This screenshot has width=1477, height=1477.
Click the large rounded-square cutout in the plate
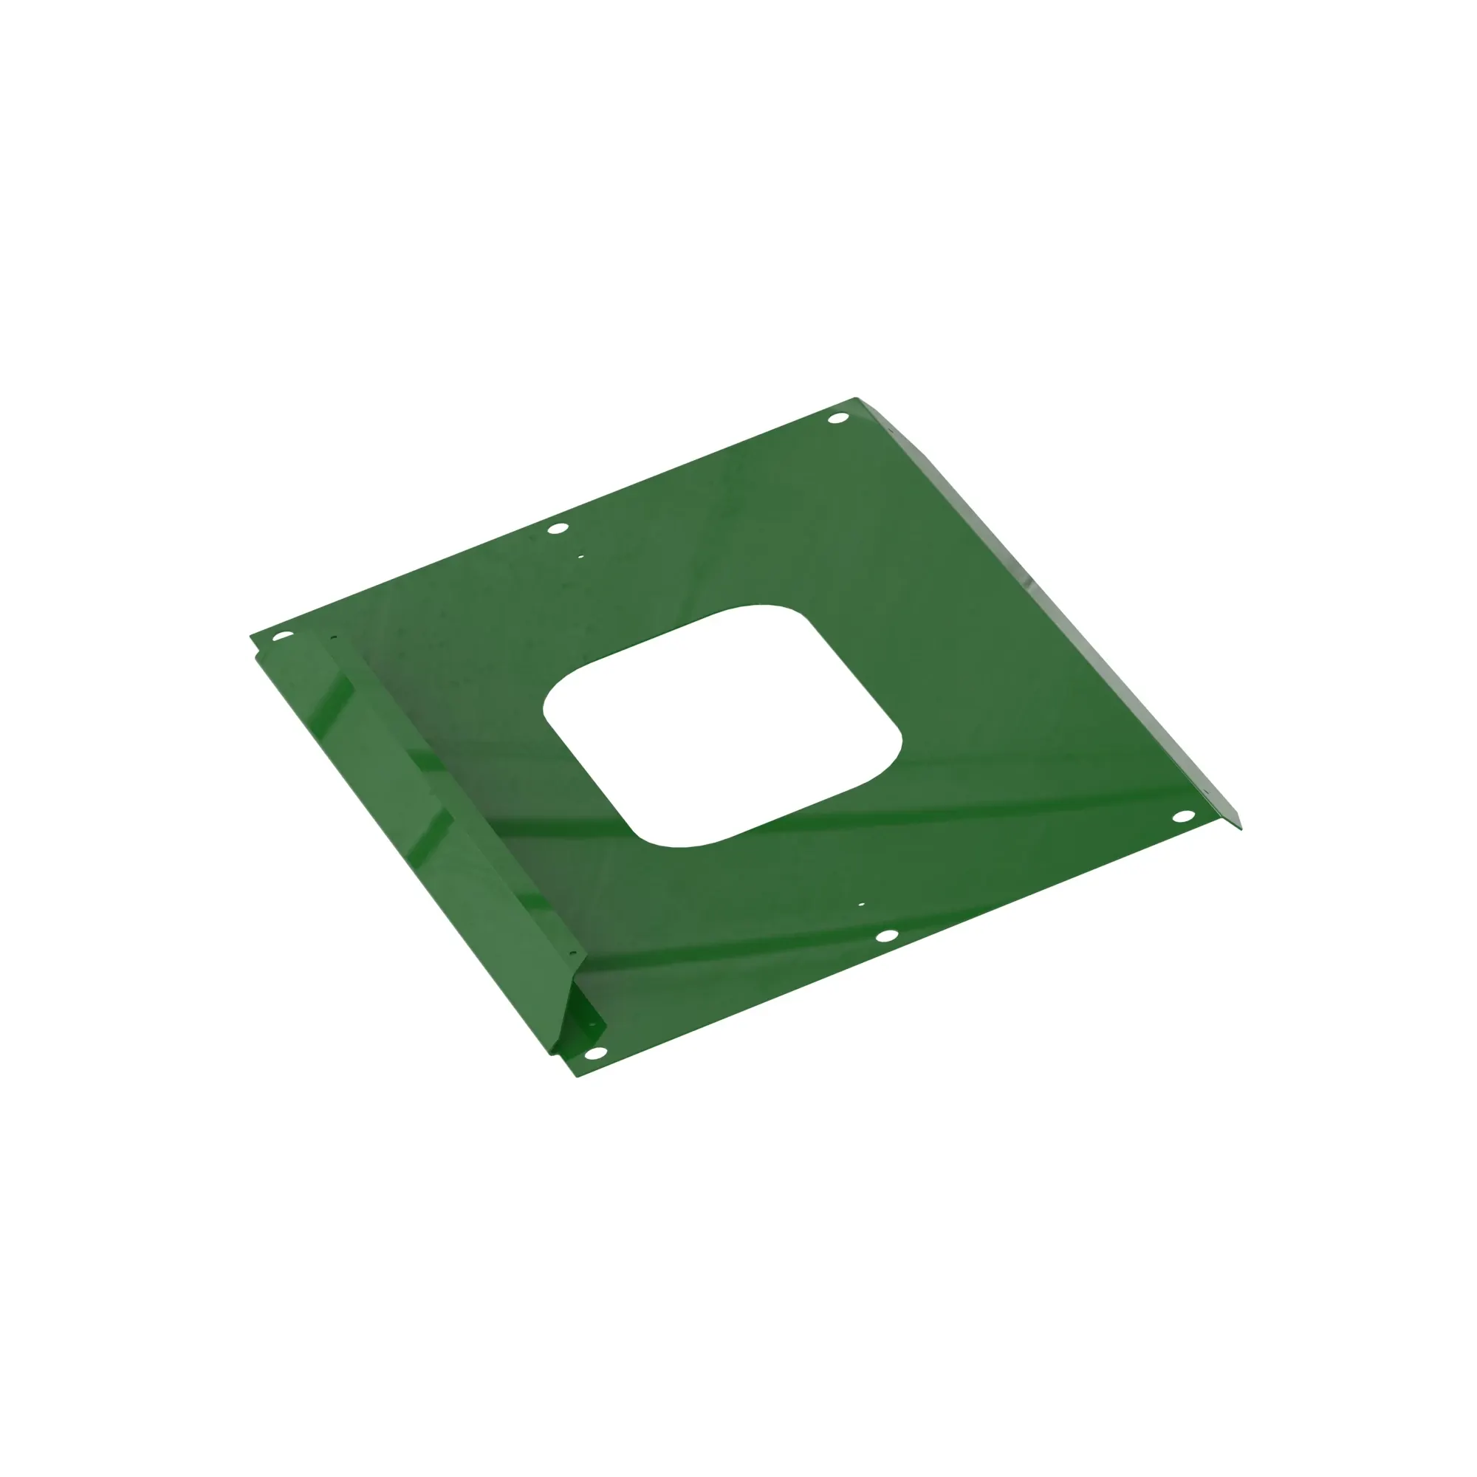click(722, 727)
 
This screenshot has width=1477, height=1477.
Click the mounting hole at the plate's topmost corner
click(839, 418)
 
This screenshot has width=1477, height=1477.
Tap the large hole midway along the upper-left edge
click(558, 527)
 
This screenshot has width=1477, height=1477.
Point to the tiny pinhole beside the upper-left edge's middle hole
click(580, 557)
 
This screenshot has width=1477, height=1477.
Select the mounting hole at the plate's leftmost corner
click(283, 635)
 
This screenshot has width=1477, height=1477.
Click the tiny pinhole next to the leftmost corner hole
click(332, 637)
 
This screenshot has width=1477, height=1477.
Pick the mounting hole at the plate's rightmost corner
click(1182, 817)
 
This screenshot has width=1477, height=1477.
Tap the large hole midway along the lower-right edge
click(886, 935)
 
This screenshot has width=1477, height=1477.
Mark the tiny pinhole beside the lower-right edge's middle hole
click(861, 905)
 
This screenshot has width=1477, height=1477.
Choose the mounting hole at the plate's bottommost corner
click(593, 1054)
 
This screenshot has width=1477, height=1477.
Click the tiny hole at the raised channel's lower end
click(572, 953)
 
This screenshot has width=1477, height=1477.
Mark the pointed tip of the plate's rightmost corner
click(1240, 828)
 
